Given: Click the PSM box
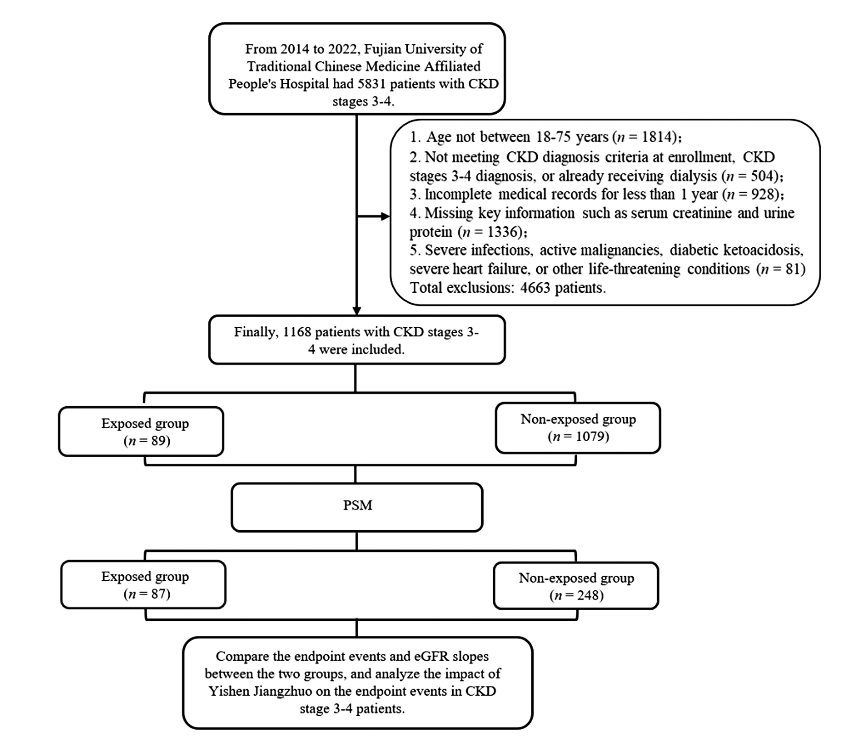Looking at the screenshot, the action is [x=357, y=507].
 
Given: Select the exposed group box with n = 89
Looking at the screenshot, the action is [x=141, y=431].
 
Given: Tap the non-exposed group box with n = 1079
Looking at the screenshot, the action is [x=578, y=428].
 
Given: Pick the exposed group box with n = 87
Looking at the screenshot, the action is [x=143, y=585].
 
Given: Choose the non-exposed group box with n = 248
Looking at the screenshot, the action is [x=576, y=586].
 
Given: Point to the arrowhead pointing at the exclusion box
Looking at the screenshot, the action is [x=385, y=217].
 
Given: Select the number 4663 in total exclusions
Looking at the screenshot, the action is [x=535, y=288].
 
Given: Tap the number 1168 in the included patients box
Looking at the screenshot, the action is [x=297, y=332].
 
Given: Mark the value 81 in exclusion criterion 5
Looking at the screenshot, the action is [x=793, y=269].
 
